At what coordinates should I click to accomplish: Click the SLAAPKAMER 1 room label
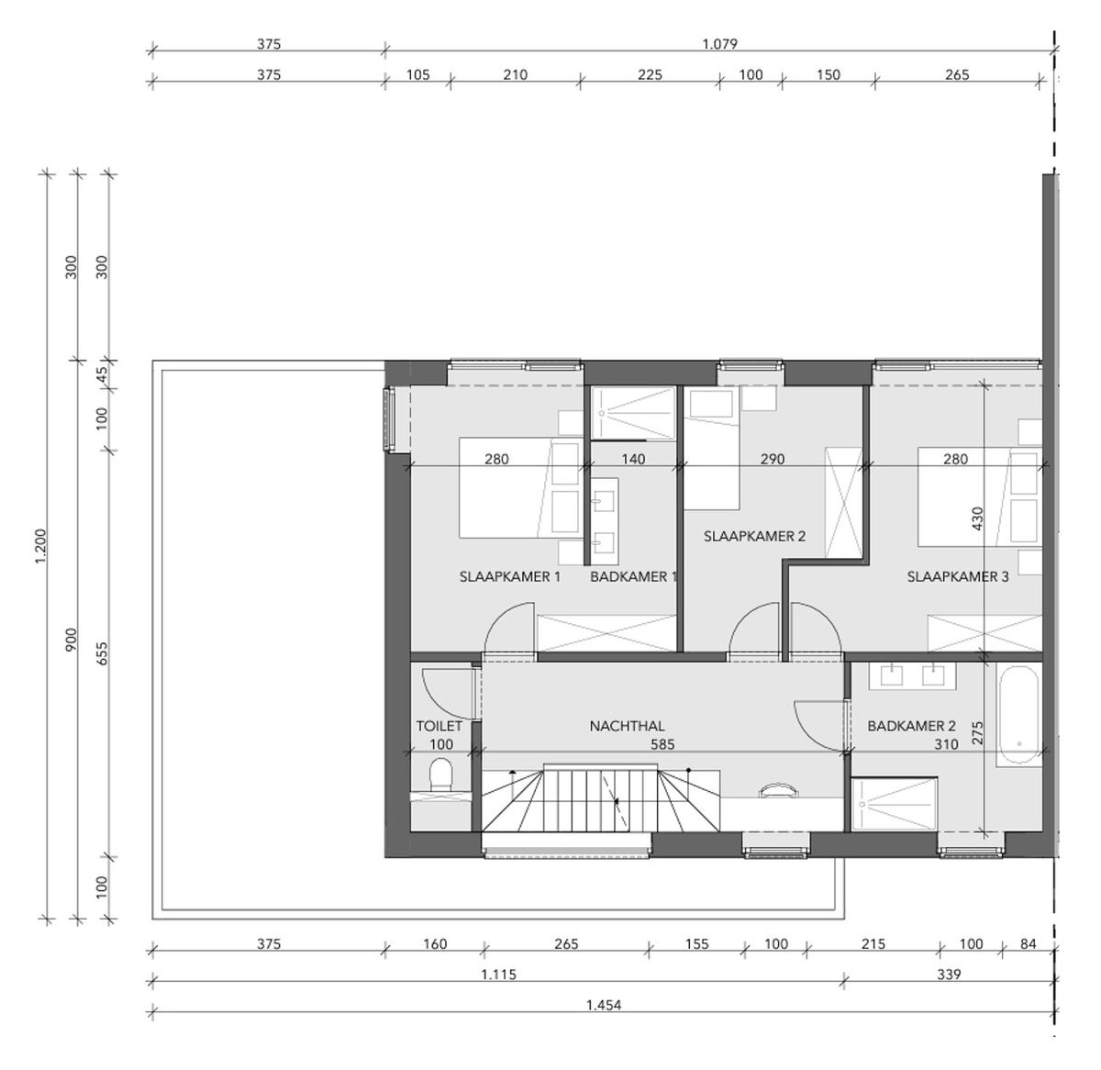510,576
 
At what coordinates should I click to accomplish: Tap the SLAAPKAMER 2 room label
754,536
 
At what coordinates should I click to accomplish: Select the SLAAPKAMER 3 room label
958,576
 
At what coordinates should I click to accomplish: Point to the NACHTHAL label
627,726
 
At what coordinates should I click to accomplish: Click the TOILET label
439,726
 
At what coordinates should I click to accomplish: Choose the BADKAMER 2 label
911,726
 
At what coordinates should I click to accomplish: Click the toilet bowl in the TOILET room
440,775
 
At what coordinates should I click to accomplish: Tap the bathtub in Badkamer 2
1018,715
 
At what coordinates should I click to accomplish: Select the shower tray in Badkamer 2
894,805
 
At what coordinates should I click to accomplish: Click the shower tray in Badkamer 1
633,413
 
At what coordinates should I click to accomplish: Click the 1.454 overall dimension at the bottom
604,1005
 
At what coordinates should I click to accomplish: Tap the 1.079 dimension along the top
720,43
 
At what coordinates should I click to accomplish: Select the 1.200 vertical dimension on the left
40,547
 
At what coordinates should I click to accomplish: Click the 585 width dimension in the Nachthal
662,744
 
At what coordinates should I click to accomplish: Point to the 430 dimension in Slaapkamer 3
977,518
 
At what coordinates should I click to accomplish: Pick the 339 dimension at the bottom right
949,975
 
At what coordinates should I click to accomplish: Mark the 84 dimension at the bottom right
1028,943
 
